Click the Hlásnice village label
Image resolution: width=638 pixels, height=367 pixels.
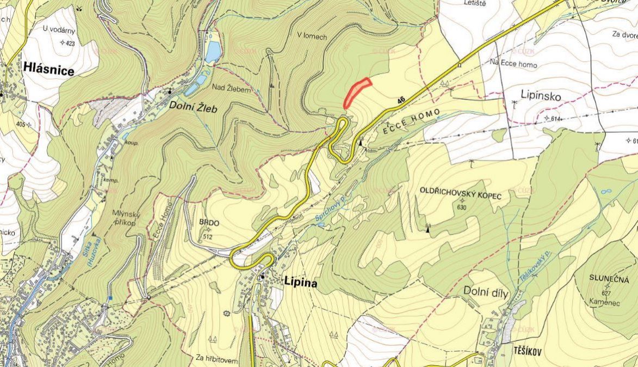click(49, 68)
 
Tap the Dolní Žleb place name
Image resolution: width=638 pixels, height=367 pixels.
click(193, 108)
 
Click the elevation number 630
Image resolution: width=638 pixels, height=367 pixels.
click(463, 207)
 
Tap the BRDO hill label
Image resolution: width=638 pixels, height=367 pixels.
click(209, 223)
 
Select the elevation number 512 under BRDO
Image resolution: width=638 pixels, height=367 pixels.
click(207, 236)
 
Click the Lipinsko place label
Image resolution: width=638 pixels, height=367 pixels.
click(540, 96)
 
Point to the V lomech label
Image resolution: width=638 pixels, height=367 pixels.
click(312, 36)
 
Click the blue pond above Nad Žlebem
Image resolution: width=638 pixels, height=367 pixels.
click(213, 52)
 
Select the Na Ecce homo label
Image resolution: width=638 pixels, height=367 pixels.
click(513, 64)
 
